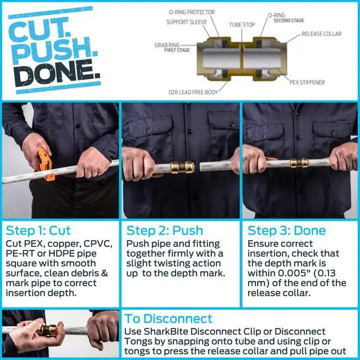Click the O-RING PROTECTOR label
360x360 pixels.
(x=192, y=12)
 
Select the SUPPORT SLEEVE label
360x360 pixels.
(x=186, y=22)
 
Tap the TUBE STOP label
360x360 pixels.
(x=242, y=25)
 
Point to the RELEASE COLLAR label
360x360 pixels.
(x=321, y=34)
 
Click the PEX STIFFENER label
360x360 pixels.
(x=307, y=83)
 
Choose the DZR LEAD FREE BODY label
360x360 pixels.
(x=193, y=92)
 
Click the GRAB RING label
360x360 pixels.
(x=167, y=45)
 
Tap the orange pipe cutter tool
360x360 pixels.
(x=46, y=164)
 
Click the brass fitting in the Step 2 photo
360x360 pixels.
(x=182, y=168)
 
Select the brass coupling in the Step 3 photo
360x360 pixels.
(x=299, y=163)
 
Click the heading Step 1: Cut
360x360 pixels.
(x=38, y=231)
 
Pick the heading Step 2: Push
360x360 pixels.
(x=165, y=231)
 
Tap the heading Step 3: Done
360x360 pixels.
(x=286, y=231)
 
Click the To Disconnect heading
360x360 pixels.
(x=168, y=319)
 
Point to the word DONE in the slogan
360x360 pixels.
(x=58, y=72)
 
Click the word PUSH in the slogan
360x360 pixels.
(x=53, y=50)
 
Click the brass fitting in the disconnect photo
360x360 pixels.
(x=48, y=330)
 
